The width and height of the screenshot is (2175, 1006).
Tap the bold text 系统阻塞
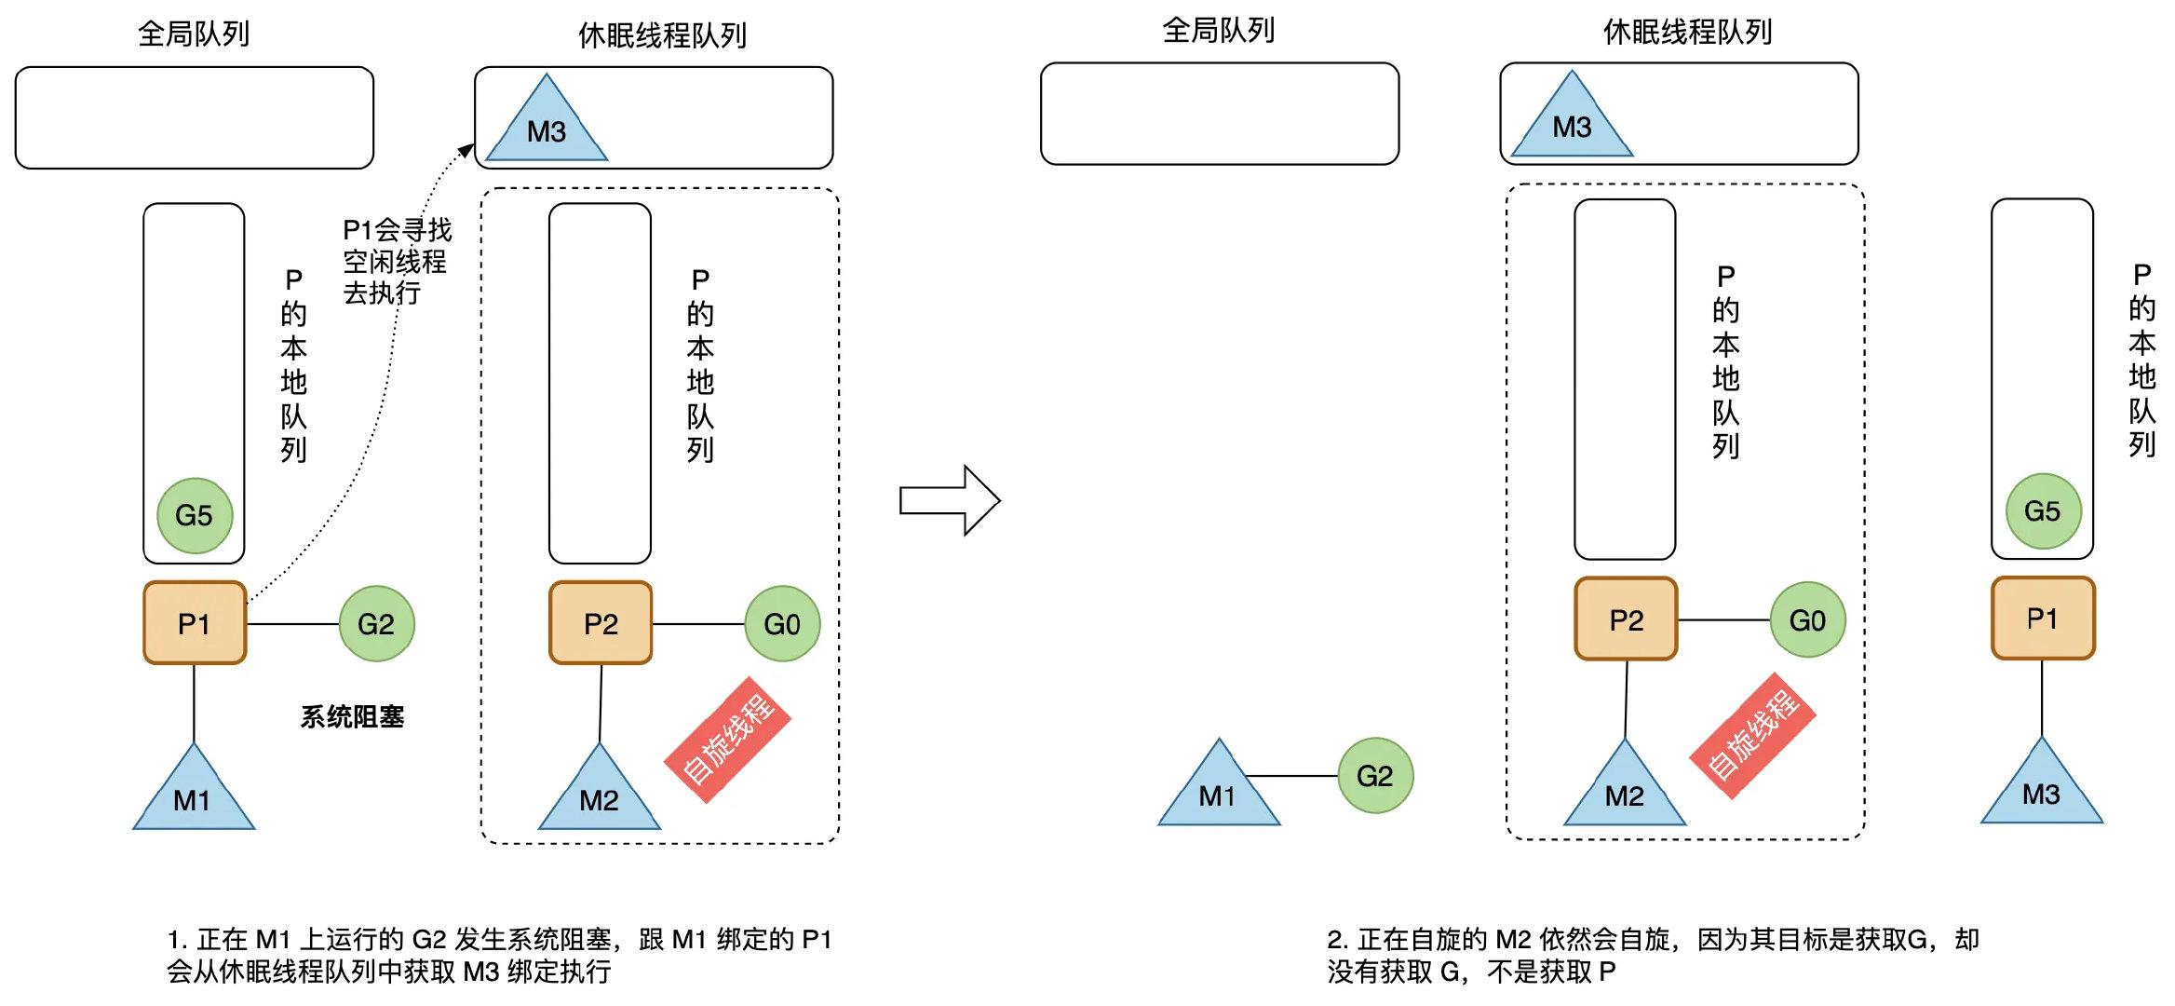(352, 716)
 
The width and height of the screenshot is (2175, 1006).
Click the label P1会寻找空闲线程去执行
(396, 261)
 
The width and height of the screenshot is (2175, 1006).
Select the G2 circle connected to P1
(376, 623)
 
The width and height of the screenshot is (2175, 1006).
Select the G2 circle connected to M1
(1375, 775)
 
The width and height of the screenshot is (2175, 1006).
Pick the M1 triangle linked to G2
(1218, 790)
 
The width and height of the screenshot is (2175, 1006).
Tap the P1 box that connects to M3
(2043, 618)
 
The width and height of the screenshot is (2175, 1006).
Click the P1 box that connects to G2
(195, 622)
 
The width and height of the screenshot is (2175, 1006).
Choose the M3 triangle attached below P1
(2041, 788)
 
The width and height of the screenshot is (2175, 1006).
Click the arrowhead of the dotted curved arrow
(466, 150)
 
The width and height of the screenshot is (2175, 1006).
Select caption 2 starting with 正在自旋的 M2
(1653, 955)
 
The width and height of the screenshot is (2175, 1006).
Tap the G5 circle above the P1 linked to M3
(2043, 510)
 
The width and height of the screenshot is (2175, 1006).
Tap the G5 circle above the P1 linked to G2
(194, 515)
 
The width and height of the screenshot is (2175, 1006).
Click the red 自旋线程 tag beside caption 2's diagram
(1754, 735)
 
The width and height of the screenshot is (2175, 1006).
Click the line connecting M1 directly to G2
(1292, 775)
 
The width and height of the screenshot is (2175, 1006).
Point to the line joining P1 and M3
(2042, 699)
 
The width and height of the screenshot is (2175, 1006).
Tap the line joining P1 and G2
(292, 623)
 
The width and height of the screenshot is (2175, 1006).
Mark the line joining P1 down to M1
(194, 703)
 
